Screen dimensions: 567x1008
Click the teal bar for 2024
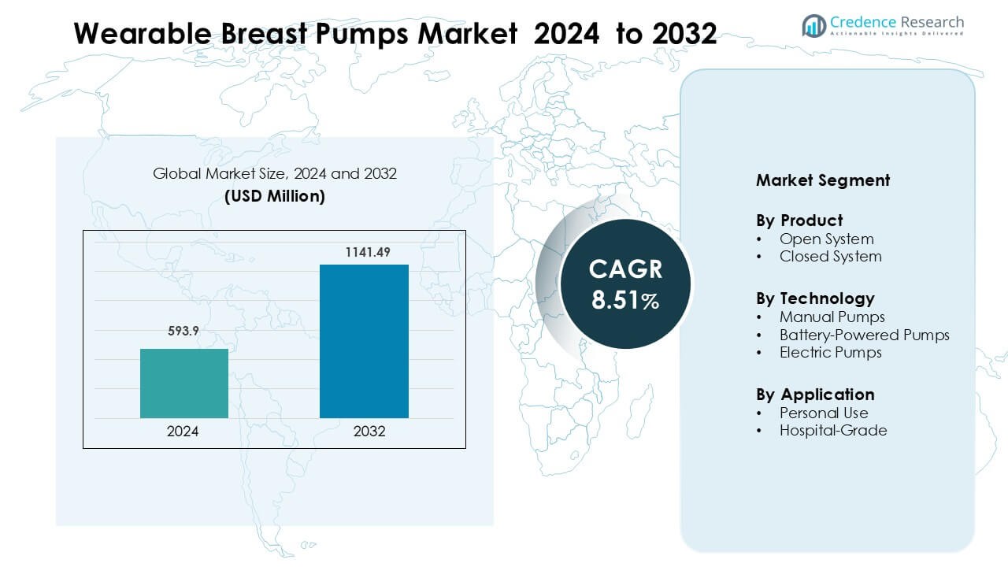point(184,384)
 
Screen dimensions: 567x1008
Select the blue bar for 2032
point(364,341)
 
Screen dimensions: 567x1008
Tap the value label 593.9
point(184,332)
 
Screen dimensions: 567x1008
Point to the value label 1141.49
point(367,252)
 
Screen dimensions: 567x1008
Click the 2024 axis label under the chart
point(183,432)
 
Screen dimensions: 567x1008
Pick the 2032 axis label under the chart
point(370,432)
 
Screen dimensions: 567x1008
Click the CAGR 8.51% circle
point(625,283)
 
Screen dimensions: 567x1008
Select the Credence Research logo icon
point(813,26)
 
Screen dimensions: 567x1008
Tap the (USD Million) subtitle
point(274,197)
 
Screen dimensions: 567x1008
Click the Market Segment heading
point(823,180)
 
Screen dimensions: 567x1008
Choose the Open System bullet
point(826,239)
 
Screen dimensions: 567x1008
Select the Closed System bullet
point(830,257)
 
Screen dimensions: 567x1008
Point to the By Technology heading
point(815,298)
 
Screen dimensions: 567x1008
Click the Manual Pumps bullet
point(832,317)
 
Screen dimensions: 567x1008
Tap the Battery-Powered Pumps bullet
point(864,335)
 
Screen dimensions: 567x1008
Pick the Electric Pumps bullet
point(830,353)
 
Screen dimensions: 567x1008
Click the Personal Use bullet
point(824,413)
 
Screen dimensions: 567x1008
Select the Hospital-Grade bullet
point(832,431)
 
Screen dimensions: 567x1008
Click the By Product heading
point(799,220)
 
